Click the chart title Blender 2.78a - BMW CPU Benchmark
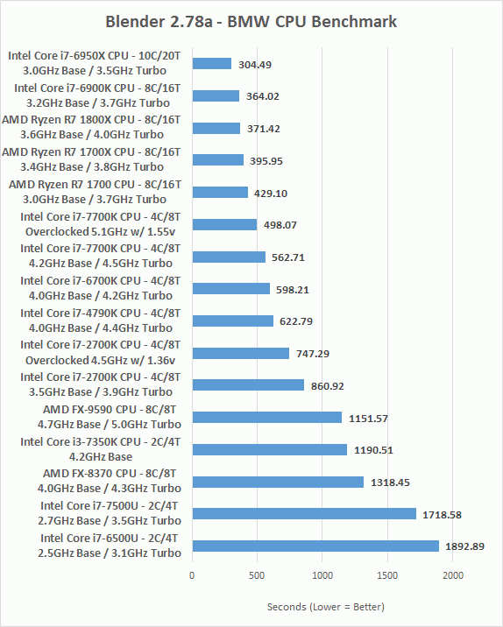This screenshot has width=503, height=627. click(251, 22)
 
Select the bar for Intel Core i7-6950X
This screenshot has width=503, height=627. click(212, 64)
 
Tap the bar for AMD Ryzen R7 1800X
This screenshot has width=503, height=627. click(216, 129)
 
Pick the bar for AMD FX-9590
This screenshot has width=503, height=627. click(267, 418)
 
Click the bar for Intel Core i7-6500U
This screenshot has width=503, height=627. click(315, 546)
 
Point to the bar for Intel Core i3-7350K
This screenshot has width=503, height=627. click(270, 449)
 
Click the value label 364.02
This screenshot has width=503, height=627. click(263, 96)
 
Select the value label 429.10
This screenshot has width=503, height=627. click(271, 194)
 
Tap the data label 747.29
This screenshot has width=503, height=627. click(313, 354)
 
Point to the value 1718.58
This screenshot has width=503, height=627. click(443, 515)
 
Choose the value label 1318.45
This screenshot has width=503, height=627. click(390, 483)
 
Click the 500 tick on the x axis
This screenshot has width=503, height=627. click(257, 575)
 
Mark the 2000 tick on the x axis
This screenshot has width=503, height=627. click(453, 575)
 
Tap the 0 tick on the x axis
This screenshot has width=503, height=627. click(192, 575)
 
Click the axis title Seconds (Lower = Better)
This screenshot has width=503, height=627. click(326, 607)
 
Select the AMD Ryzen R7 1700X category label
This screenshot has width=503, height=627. click(91, 159)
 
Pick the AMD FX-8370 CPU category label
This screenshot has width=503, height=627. click(110, 481)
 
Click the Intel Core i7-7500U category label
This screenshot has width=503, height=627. click(110, 513)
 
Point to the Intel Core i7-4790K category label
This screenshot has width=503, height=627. click(101, 321)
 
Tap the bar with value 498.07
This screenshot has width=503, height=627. click(224, 225)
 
